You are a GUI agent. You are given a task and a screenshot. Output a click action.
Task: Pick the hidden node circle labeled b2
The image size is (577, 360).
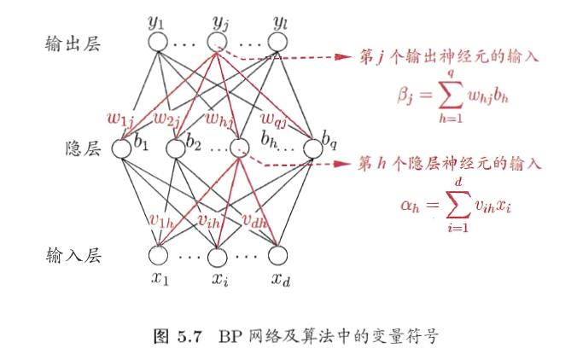click(176, 147)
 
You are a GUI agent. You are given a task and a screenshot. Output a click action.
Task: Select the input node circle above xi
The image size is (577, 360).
click(217, 254)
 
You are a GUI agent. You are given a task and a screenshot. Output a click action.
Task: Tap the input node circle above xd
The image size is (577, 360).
click(279, 254)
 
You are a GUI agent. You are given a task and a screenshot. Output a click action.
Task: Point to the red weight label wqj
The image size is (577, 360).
click(277, 116)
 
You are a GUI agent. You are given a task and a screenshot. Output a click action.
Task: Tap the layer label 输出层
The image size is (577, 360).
click(73, 44)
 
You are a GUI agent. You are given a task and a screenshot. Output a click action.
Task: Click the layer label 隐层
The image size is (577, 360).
click(83, 148)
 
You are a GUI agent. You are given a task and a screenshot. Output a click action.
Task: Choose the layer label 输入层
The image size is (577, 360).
click(73, 254)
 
